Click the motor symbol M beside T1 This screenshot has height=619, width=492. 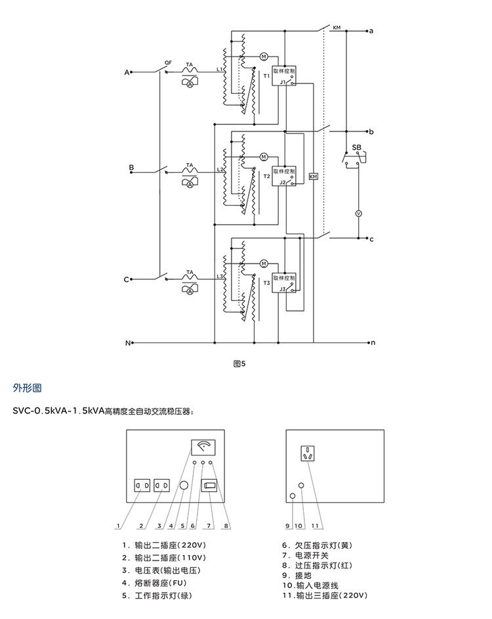coord(264,57)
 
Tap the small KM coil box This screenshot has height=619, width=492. coord(313,177)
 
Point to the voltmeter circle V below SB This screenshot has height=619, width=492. coord(358,214)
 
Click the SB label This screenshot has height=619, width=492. coord(356,147)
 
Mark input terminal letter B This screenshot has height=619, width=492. coord(131,168)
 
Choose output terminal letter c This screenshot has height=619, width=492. coord(371,239)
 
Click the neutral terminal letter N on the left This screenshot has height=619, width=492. coord(128,343)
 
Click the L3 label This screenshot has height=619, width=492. coord(220,277)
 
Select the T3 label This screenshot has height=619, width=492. coord(266,283)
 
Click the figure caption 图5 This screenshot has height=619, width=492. coord(239,363)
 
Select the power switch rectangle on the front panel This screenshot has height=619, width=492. coord(209,486)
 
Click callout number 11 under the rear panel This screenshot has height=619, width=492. coord(315,526)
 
